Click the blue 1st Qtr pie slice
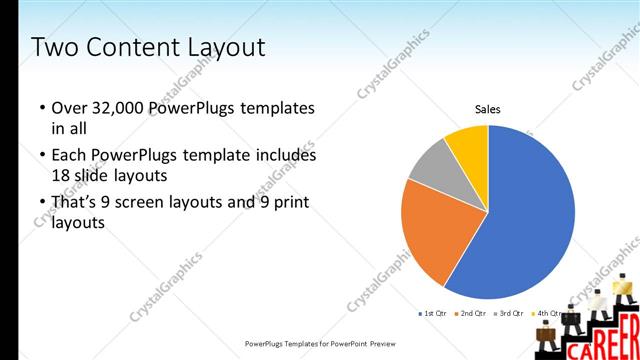click(530, 215)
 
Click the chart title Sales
click(487, 109)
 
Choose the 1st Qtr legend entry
click(432, 313)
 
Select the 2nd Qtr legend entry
click(470, 313)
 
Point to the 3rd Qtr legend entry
click(508, 313)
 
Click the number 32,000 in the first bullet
click(117, 108)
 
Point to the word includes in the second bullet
click(283, 155)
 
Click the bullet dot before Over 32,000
click(42, 108)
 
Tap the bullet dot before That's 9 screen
click(42, 202)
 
